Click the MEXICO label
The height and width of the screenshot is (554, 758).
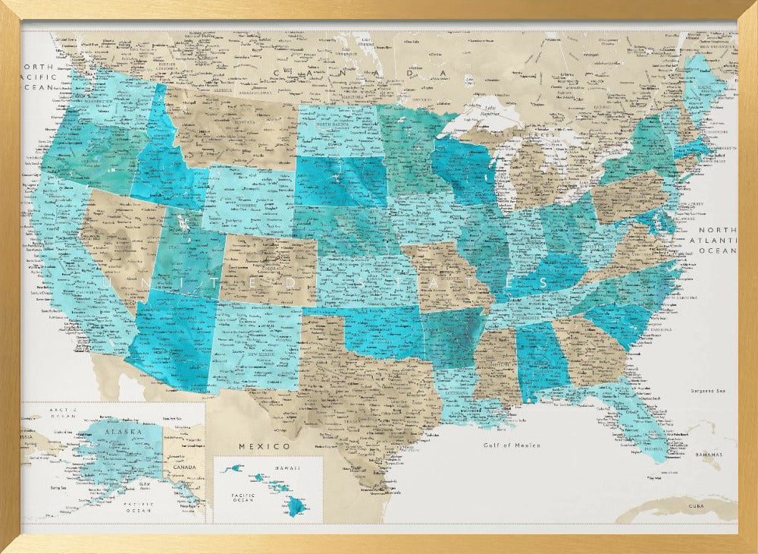[x=265, y=445]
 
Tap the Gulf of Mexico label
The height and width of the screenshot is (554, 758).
[x=512, y=445]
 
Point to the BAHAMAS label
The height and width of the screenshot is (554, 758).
[x=709, y=453]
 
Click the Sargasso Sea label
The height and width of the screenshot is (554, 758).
[x=709, y=391]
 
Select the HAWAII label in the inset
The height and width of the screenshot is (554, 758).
[x=282, y=469]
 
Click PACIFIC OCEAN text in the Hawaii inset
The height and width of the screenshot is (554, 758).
[x=243, y=496]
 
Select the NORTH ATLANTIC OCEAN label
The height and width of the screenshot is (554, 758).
[x=717, y=240]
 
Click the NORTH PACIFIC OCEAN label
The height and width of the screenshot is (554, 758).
[x=37, y=77]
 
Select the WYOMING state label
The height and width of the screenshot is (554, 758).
[x=248, y=205]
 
